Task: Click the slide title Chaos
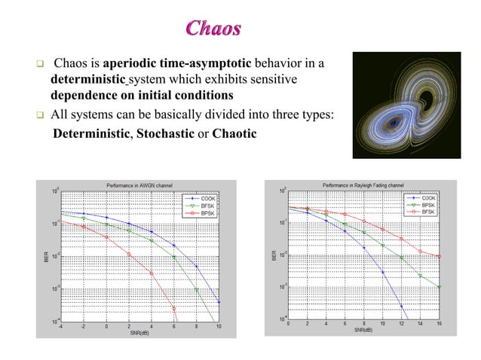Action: pos(213,29)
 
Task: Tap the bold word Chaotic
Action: pos(234,134)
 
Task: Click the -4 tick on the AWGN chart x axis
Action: pos(61,327)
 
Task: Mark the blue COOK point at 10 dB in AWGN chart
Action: pos(219,303)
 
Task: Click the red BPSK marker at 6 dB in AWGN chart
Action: pos(174,308)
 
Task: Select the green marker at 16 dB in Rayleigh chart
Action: pos(439,287)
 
